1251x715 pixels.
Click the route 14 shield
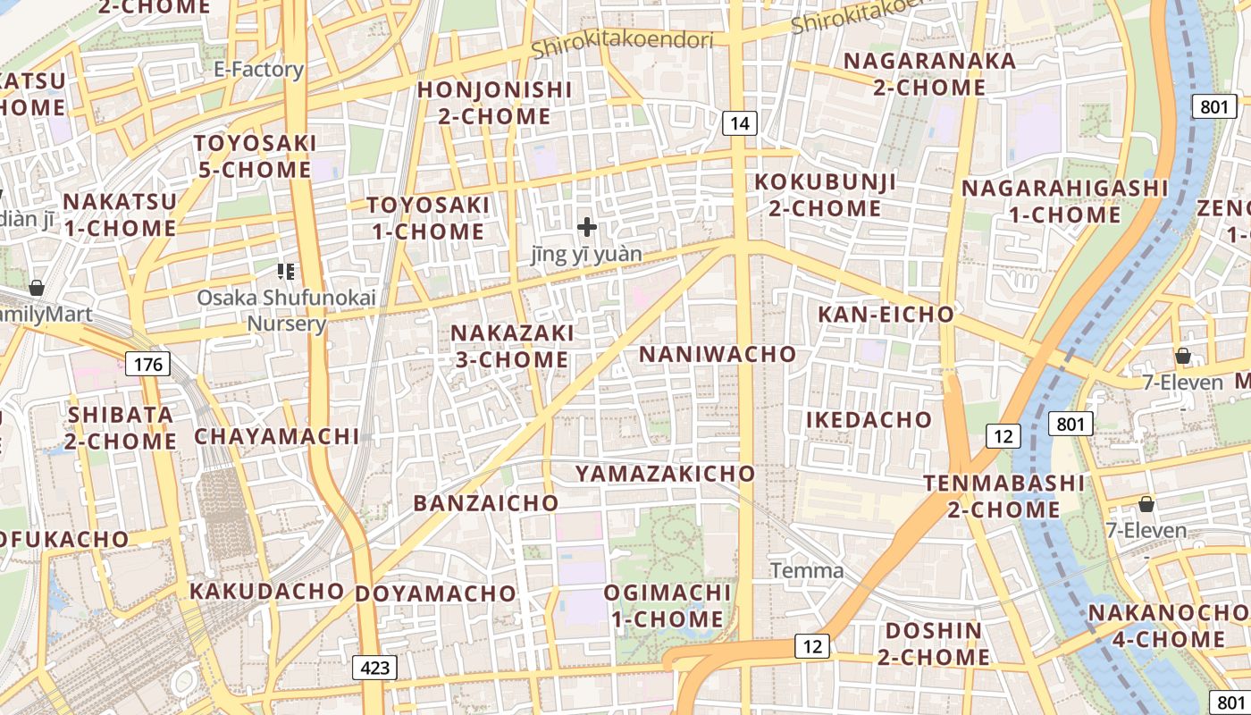[739, 123]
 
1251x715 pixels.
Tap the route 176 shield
[147, 364]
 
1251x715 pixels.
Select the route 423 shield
[374, 668]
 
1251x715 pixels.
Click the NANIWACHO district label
[718, 354]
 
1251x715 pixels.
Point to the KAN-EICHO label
[886, 315]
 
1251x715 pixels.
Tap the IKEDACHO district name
[869, 420]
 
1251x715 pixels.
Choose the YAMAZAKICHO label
[665, 474]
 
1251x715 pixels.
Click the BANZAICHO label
[485, 503]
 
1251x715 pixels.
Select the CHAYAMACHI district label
[277, 437]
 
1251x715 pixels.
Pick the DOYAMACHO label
[435, 593]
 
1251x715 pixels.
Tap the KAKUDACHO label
[266, 592]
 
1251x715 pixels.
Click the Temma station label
[806, 570]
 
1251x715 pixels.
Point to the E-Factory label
[259, 70]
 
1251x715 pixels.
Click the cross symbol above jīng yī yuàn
[586, 227]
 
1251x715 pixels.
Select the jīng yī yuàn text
[586, 255]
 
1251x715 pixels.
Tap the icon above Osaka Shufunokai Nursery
[286, 271]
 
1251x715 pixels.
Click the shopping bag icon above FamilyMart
[37, 288]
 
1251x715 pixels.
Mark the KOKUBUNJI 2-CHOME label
[825, 195]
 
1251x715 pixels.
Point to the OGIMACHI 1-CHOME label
[667, 605]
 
